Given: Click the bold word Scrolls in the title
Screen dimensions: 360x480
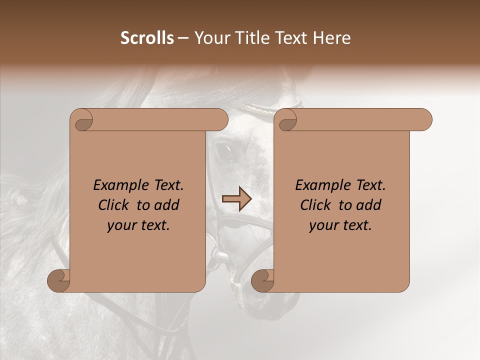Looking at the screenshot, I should [x=147, y=38].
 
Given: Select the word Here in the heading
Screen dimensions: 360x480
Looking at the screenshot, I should [x=332, y=38].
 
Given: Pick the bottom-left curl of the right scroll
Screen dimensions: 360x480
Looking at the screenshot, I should [x=262, y=280].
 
